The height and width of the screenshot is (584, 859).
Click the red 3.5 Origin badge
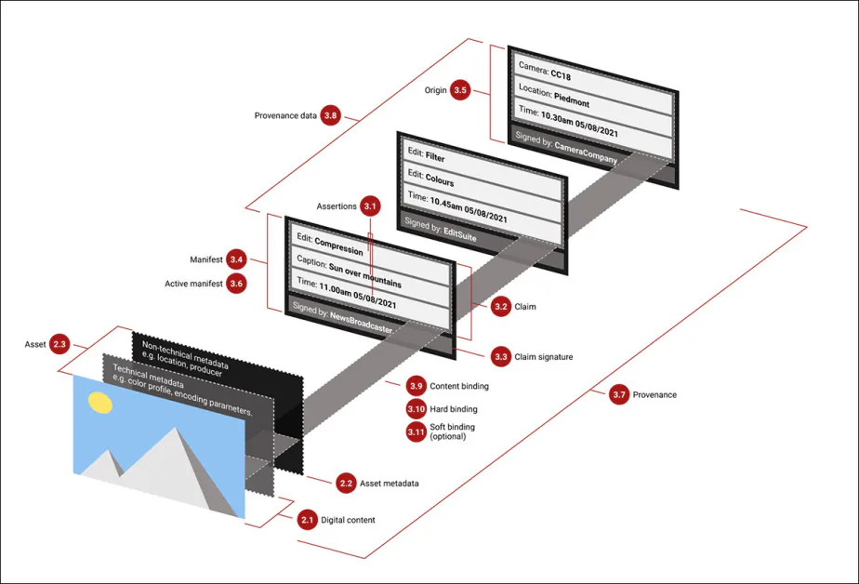click(460, 91)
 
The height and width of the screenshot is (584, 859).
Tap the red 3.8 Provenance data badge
click(330, 116)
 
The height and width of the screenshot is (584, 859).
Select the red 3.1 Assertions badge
click(371, 206)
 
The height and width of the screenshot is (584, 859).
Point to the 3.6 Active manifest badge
click(236, 284)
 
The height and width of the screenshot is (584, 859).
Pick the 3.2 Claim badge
click(501, 305)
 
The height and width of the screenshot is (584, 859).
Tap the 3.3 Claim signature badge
click(501, 356)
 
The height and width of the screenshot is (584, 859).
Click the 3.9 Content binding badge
click(416, 386)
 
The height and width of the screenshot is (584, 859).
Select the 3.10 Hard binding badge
click(416, 409)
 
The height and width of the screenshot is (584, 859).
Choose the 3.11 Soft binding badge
click(416, 431)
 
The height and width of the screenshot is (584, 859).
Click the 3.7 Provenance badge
click(619, 395)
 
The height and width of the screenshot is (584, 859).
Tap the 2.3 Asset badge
click(60, 345)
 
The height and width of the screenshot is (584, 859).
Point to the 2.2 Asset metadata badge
click(346, 484)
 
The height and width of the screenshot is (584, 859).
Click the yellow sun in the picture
click(98, 404)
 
